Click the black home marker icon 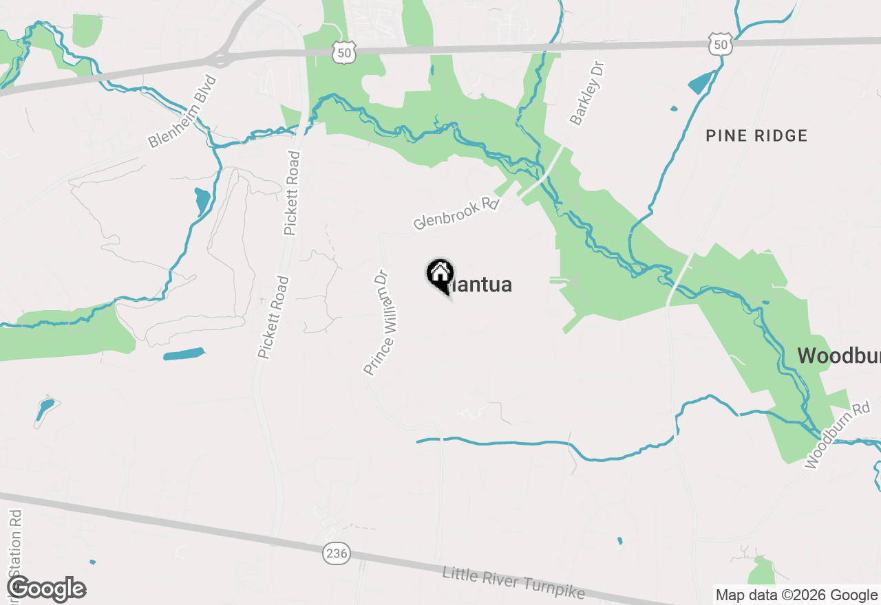pyautogui.click(x=440, y=275)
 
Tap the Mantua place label pyautogui.click(x=482, y=285)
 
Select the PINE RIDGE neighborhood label pyautogui.click(x=756, y=135)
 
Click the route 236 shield pyautogui.click(x=337, y=553)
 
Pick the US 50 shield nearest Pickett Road pyautogui.click(x=343, y=50)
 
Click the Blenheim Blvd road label pyautogui.click(x=182, y=111)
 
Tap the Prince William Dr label pyautogui.click(x=376, y=322)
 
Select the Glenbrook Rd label pyautogui.click(x=456, y=214)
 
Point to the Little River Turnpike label pyautogui.click(x=513, y=582)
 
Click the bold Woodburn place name pyautogui.click(x=839, y=355)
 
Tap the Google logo pyautogui.click(x=46, y=589)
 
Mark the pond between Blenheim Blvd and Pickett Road pyautogui.click(x=202, y=201)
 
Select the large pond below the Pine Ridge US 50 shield pyautogui.click(x=702, y=83)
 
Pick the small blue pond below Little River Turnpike pyautogui.click(x=620, y=540)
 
